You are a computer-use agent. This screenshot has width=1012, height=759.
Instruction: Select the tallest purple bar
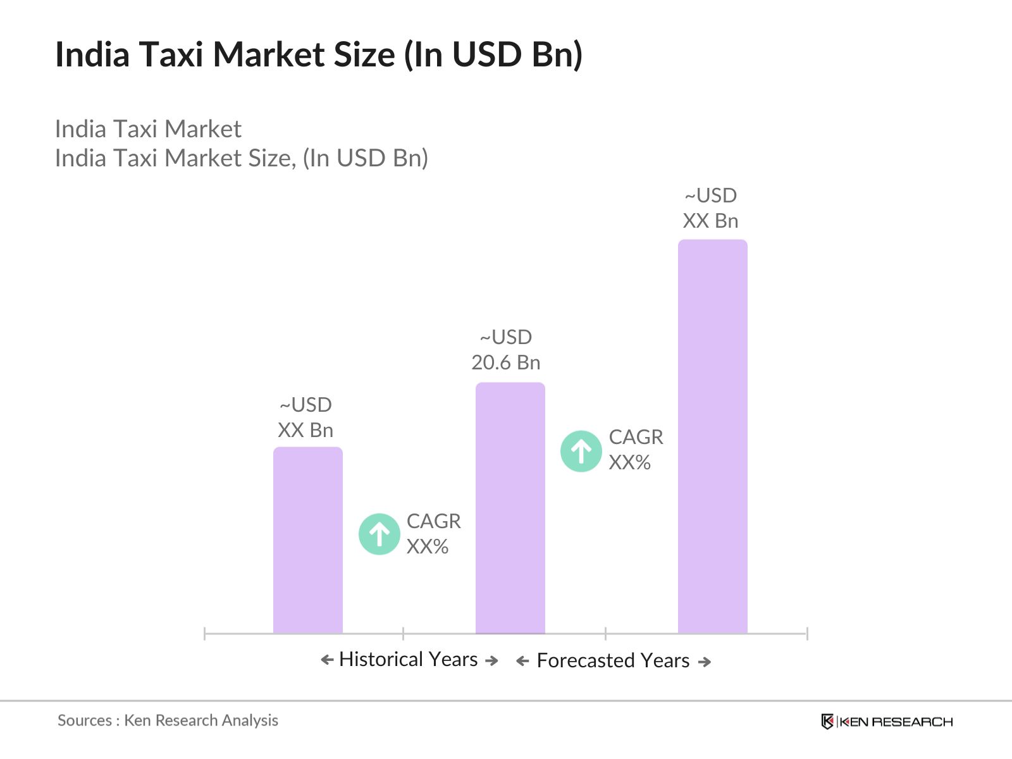[x=712, y=436]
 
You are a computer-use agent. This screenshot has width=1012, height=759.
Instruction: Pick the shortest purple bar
[x=307, y=540]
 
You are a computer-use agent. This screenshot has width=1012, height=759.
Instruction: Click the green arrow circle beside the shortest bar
[x=379, y=534]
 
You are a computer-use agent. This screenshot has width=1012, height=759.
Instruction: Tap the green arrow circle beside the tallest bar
[x=581, y=451]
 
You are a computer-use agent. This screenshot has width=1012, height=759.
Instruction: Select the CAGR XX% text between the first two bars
[x=433, y=534]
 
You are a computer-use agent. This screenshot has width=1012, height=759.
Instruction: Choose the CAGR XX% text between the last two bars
[x=636, y=450]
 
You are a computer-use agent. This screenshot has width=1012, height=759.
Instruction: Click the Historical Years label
[x=408, y=660]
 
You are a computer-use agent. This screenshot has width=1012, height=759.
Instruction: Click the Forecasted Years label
[x=613, y=661]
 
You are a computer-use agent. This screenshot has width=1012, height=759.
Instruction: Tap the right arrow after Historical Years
[x=491, y=661]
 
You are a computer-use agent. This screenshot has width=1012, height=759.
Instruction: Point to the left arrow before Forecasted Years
[x=522, y=662]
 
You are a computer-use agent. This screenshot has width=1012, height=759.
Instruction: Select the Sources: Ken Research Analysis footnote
[x=168, y=720]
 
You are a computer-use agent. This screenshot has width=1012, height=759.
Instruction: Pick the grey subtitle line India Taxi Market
[x=148, y=129]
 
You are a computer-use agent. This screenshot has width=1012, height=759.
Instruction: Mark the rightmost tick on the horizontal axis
[x=807, y=633]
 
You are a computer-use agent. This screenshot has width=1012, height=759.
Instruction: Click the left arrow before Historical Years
[x=327, y=660]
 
